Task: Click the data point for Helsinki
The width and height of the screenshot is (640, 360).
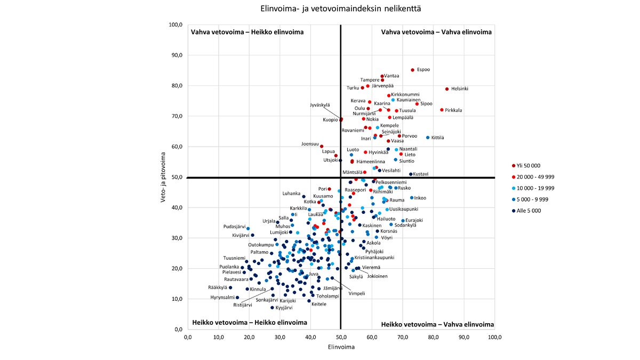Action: coord(447,89)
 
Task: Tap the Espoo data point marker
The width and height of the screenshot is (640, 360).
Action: coord(413,70)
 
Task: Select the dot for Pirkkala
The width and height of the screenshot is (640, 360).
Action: coord(442,110)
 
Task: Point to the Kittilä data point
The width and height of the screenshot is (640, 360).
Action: coord(428,138)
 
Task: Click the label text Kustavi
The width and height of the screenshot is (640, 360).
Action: coord(420,174)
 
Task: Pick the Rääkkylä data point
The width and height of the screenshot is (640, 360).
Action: coord(230,287)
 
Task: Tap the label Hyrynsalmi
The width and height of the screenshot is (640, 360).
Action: coord(222,298)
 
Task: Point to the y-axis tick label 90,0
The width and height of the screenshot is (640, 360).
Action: coord(175,55)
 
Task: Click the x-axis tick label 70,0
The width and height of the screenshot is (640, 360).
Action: coord(403,337)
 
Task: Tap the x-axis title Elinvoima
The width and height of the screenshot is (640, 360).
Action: coord(341,348)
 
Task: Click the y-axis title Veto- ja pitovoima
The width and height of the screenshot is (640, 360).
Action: coord(164,178)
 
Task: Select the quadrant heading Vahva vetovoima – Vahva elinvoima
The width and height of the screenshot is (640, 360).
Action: coord(436,32)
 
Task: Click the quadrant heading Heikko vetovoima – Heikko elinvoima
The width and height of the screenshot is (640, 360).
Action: coord(249,323)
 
